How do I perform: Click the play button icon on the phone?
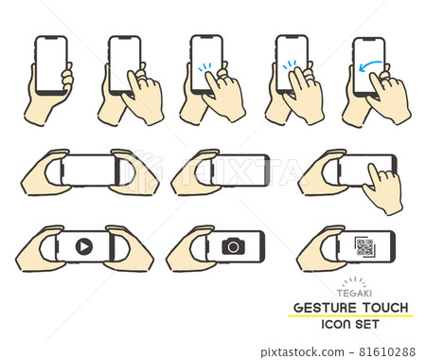point(83,246)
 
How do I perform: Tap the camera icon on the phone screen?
point(232,246)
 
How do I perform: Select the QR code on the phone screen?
point(364,247)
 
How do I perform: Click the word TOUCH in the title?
point(387,308)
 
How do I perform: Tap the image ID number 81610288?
point(395,351)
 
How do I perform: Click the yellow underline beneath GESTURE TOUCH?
point(351,316)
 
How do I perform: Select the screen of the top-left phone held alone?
point(50,63)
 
